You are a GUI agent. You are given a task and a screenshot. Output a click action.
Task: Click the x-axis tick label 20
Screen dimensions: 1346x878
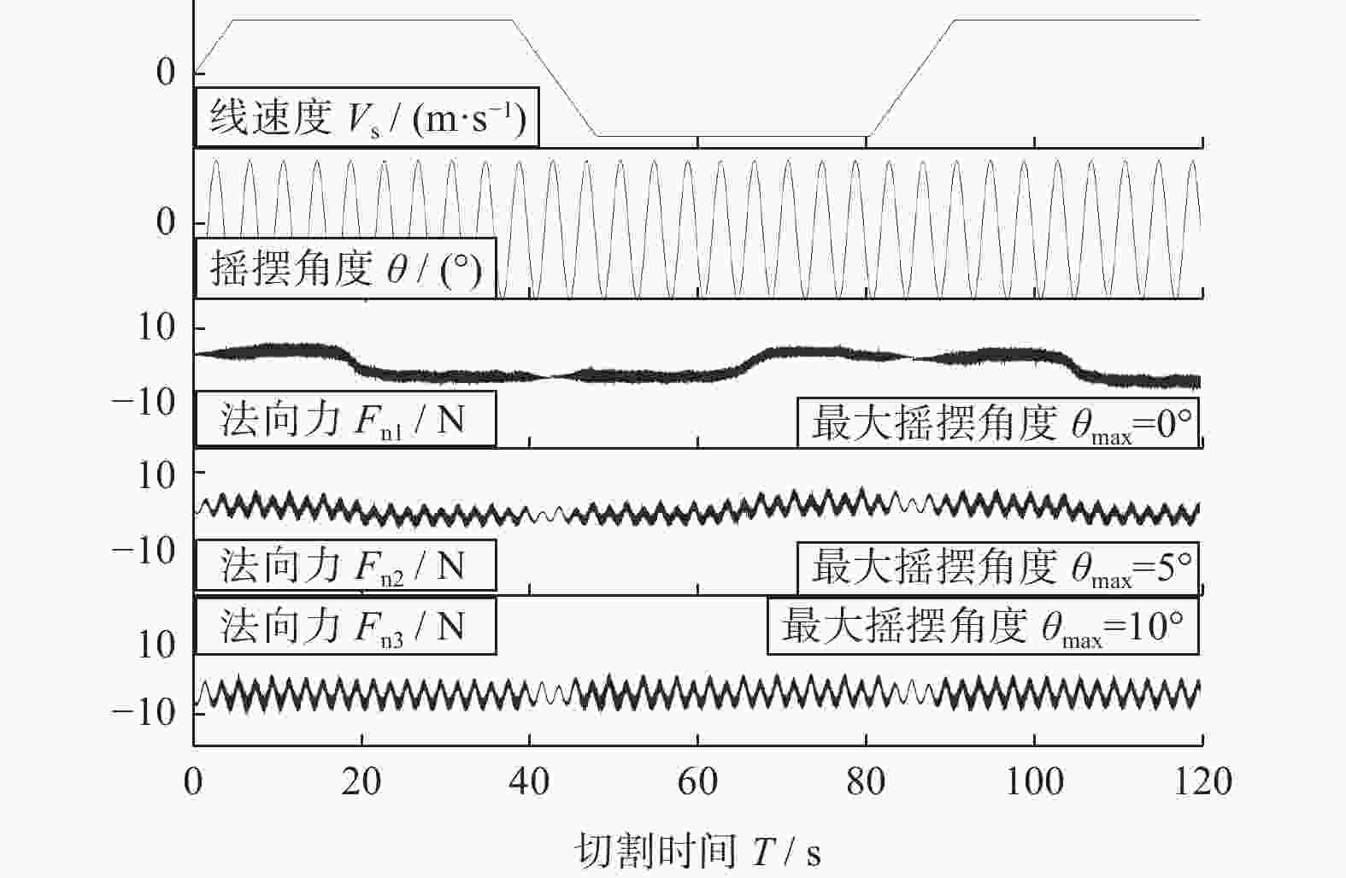click(361, 782)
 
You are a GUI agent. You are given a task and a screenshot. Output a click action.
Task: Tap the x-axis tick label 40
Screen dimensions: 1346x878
click(529, 782)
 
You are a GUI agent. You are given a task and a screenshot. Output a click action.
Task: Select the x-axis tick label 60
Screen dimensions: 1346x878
click(697, 782)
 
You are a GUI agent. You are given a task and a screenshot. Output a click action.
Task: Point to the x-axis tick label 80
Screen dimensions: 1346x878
click(866, 782)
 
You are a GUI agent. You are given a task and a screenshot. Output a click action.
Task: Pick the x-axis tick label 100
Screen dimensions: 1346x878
click(1034, 782)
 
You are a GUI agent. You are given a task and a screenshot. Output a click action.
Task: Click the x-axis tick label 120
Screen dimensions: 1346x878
click(1202, 782)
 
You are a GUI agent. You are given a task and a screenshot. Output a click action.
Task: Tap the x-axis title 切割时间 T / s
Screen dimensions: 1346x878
click(697, 851)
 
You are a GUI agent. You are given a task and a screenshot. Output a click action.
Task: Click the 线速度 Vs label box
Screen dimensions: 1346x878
click(367, 117)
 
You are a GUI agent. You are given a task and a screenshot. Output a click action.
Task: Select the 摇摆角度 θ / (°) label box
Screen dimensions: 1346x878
click(346, 268)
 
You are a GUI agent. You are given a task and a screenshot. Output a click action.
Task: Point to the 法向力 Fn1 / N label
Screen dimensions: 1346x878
click(346, 419)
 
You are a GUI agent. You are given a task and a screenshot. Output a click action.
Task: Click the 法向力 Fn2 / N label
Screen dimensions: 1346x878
click(346, 565)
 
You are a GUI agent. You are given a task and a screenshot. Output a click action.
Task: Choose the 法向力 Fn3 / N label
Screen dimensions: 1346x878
click(346, 626)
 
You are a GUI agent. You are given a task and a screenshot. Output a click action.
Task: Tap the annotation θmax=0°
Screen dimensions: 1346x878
click(998, 422)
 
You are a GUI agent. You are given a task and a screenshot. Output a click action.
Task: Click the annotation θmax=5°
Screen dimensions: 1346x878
click(998, 568)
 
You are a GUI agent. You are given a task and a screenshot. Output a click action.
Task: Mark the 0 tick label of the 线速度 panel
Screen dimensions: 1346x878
click(166, 72)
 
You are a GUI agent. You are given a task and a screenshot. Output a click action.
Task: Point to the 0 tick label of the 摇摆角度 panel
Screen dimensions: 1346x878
click(166, 222)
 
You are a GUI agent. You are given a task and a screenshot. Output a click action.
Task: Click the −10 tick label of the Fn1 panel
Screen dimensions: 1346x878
click(144, 402)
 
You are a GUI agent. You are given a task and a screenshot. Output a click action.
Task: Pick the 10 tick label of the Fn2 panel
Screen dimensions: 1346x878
click(157, 475)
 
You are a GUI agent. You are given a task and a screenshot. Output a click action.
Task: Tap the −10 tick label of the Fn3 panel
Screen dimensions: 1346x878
click(144, 713)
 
